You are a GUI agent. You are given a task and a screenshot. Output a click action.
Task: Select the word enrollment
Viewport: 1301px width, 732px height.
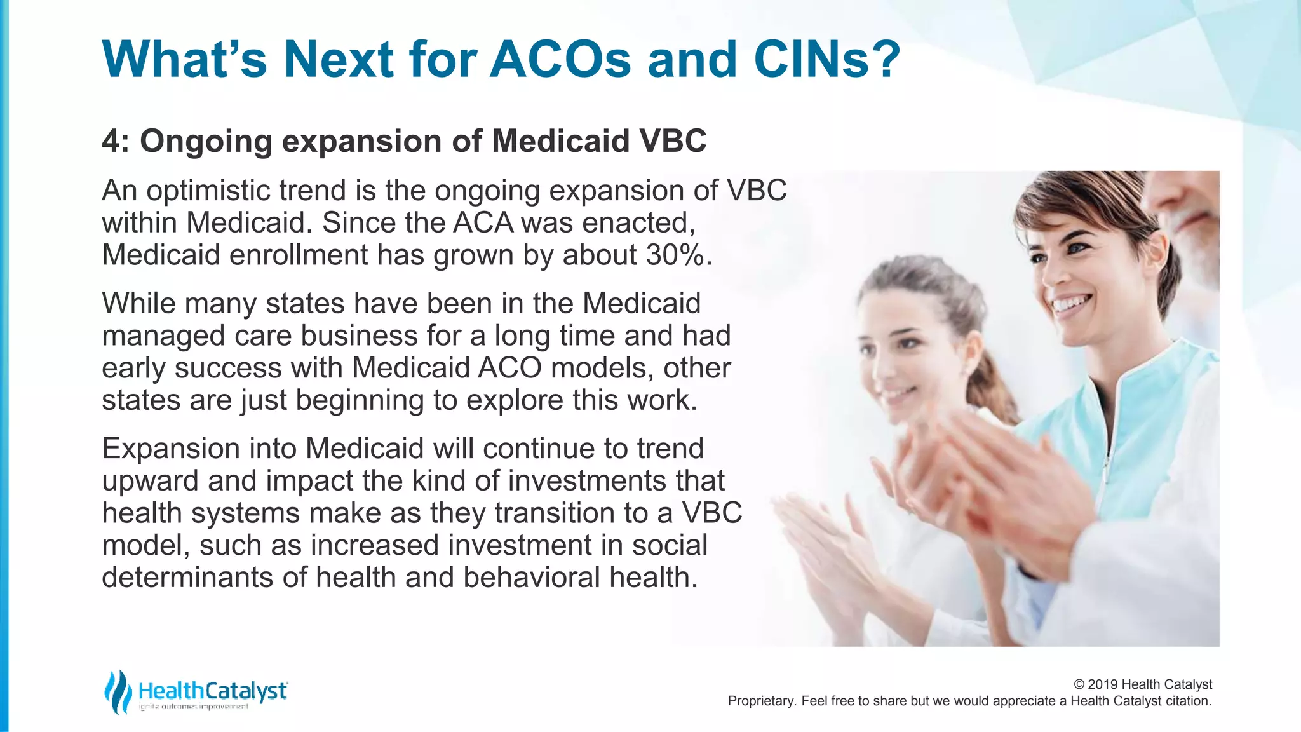[x=298, y=255]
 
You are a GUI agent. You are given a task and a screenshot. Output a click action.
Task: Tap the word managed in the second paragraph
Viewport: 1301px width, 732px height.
[x=163, y=336]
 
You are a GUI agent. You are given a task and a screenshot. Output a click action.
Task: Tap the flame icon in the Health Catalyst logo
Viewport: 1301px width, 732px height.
[x=118, y=691]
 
